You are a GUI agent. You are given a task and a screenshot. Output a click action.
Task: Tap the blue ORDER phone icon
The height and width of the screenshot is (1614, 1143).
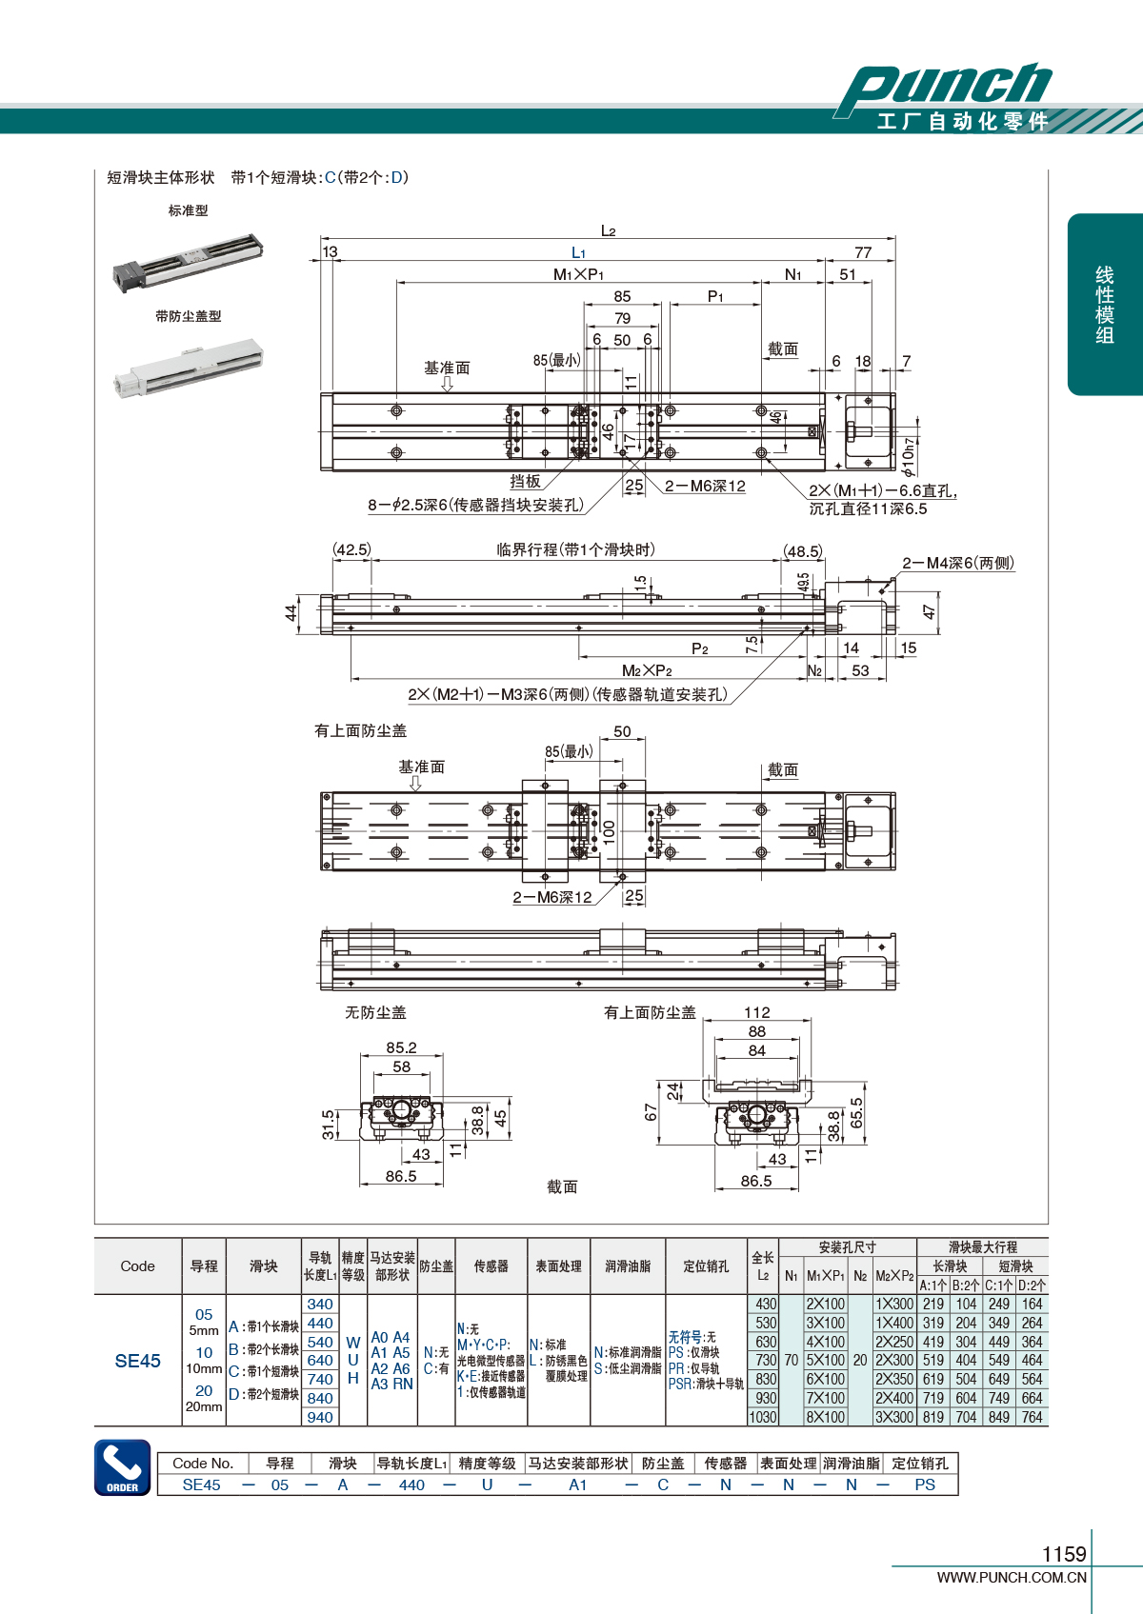122,1467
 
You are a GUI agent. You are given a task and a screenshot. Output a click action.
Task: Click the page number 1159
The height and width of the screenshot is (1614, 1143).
1063,1554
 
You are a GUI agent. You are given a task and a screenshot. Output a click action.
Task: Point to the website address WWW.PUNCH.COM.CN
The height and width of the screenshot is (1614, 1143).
1011,1578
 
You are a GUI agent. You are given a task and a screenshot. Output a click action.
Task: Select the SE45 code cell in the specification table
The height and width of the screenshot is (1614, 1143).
138,1361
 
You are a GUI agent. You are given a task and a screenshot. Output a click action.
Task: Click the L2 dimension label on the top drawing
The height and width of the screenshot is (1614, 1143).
608,230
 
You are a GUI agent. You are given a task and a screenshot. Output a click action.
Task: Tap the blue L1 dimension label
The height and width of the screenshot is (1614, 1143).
578,252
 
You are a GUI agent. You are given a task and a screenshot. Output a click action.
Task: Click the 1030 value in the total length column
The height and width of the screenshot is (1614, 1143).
763,1417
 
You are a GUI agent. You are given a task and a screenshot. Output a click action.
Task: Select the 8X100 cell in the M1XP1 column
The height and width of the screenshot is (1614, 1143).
825,1417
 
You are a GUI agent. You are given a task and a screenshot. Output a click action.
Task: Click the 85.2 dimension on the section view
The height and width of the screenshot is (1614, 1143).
401,1047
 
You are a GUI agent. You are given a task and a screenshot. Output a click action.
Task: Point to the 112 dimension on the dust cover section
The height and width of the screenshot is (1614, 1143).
757,1012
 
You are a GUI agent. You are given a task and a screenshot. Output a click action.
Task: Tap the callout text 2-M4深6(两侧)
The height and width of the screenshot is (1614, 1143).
958,563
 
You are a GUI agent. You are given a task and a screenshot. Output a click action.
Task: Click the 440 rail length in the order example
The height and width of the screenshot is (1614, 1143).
411,1484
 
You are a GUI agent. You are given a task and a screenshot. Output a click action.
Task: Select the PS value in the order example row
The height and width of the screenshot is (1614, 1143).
924,1484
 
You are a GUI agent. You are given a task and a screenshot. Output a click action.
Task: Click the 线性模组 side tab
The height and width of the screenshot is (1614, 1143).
1105,305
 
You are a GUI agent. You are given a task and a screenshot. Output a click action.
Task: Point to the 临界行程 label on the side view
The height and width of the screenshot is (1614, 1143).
575,549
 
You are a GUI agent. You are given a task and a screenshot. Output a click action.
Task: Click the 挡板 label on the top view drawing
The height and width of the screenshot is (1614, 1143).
525,482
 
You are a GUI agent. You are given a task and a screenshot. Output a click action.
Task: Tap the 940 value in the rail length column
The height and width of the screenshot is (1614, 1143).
320,1417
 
